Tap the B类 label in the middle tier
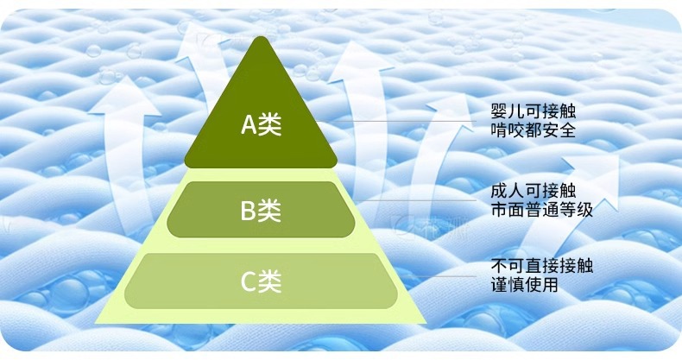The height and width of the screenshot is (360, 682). (x=261, y=209)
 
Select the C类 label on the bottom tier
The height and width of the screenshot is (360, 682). (x=261, y=281)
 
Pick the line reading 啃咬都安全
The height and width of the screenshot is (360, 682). (x=532, y=131)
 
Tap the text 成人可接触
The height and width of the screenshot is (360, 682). (x=532, y=190)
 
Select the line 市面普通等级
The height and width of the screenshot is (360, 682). (x=540, y=209)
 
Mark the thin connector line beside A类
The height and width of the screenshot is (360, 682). (x=406, y=122)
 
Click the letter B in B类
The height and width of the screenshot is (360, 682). (x=248, y=209)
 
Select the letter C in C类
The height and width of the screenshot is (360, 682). (x=248, y=281)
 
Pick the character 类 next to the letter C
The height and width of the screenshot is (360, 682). (x=271, y=281)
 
